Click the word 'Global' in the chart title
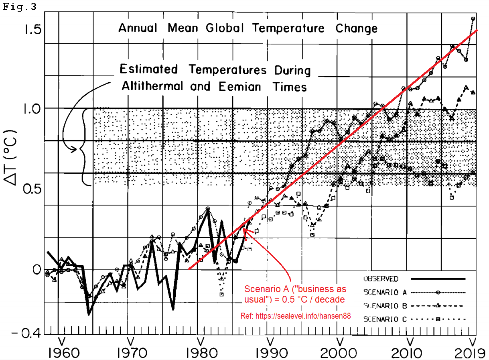[x=225, y=28]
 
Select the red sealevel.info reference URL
[x=296, y=316]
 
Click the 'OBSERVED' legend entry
[x=381, y=279]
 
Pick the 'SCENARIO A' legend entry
[x=384, y=292]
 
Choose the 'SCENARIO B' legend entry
[x=384, y=306]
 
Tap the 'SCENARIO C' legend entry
[x=384, y=319]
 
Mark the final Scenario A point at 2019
[x=473, y=18]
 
